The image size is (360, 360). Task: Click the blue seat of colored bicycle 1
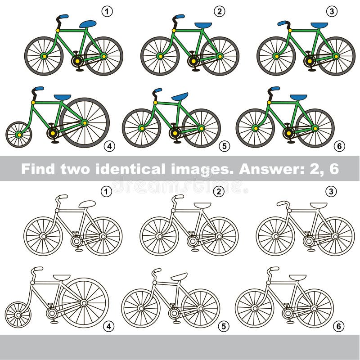(88, 24)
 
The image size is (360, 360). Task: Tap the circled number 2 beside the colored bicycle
(219, 11)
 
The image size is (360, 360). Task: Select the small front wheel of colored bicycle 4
(18, 134)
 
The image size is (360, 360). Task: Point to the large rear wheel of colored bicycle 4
(84, 122)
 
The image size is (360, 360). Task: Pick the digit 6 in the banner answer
(333, 169)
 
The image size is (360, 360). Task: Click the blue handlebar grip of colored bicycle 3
(282, 23)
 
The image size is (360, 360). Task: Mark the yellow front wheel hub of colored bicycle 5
(142, 128)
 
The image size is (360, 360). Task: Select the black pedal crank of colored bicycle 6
(288, 133)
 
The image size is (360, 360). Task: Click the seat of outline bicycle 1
(87, 204)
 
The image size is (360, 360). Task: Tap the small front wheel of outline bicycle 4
(18, 314)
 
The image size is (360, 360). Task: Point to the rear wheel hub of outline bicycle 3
(335, 236)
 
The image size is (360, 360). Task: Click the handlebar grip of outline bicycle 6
(274, 269)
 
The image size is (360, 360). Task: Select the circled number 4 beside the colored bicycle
(108, 146)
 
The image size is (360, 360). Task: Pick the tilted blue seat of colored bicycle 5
(180, 97)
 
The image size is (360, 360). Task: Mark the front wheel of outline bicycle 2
(159, 236)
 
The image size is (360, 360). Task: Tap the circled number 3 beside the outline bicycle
(331, 191)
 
